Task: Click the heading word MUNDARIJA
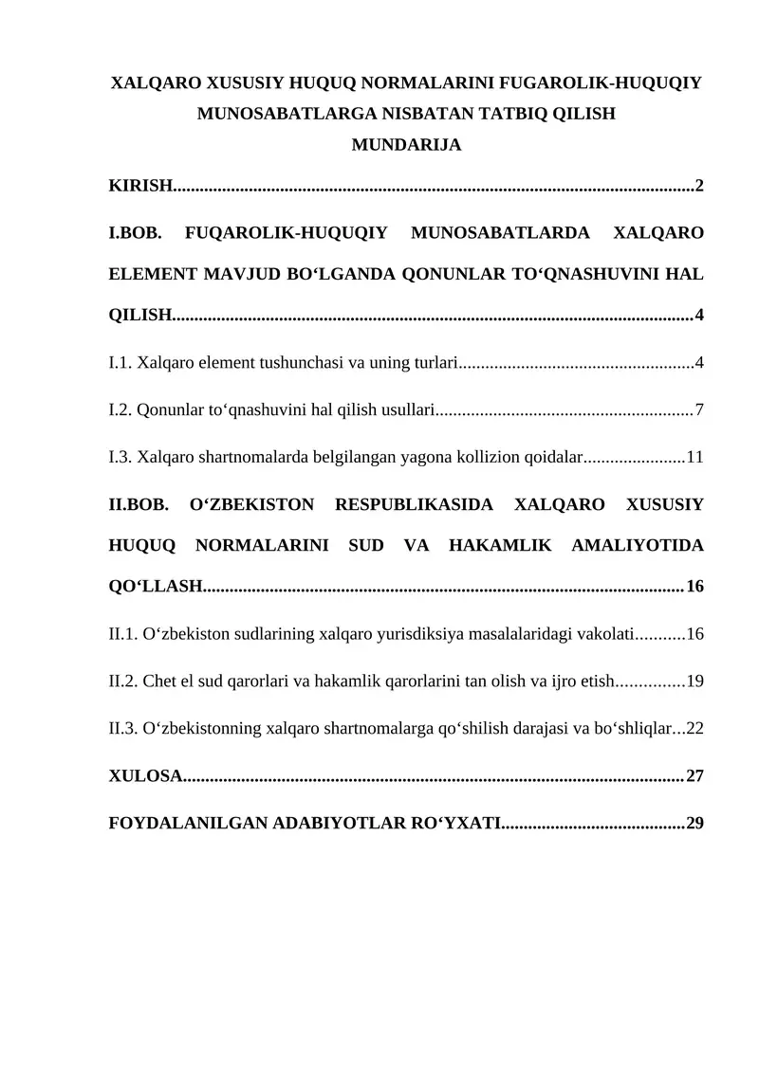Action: coord(406,146)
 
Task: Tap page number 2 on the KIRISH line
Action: coord(699,185)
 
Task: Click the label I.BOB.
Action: coord(139,231)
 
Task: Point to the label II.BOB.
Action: coord(139,504)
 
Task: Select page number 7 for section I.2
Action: coord(699,410)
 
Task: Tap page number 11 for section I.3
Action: coord(694,458)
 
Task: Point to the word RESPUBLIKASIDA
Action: coord(414,504)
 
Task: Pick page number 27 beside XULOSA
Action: coord(694,776)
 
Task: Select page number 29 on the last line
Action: coord(694,823)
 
